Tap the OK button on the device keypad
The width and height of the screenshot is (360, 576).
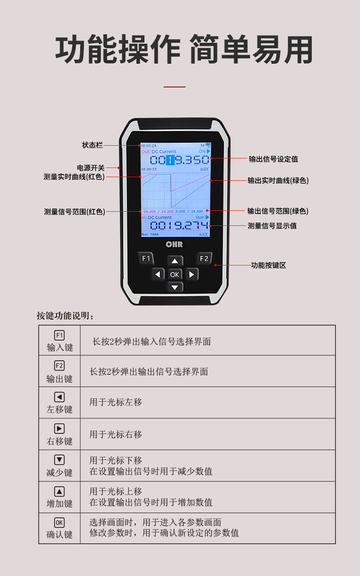tap(175, 274)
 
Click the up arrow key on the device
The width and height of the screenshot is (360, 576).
tap(175, 261)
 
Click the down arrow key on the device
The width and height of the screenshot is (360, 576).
tap(175, 287)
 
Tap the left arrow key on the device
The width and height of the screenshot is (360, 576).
tap(158, 274)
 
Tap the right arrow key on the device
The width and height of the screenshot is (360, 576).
tap(191, 274)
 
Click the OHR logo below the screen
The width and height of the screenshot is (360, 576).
tap(174, 245)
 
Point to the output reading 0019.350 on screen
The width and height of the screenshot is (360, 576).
tap(180, 160)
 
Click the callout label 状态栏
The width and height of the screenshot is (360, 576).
tap(92, 145)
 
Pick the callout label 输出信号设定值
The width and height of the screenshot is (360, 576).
tap(273, 159)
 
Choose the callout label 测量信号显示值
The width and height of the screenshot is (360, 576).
tap(272, 225)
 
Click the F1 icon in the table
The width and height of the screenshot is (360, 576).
tap(59, 336)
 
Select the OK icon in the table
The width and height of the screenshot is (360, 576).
tap(59, 523)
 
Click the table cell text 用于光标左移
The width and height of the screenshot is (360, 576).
tap(116, 403)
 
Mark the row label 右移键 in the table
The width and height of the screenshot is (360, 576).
tap(59, 441)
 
